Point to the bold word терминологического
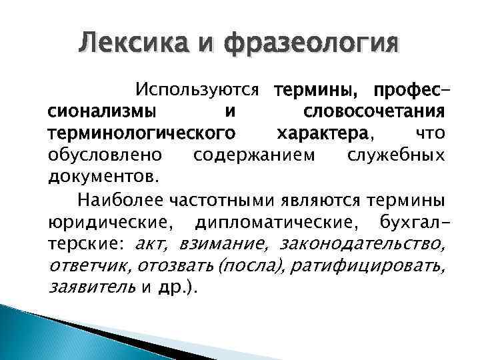pos(141,134)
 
